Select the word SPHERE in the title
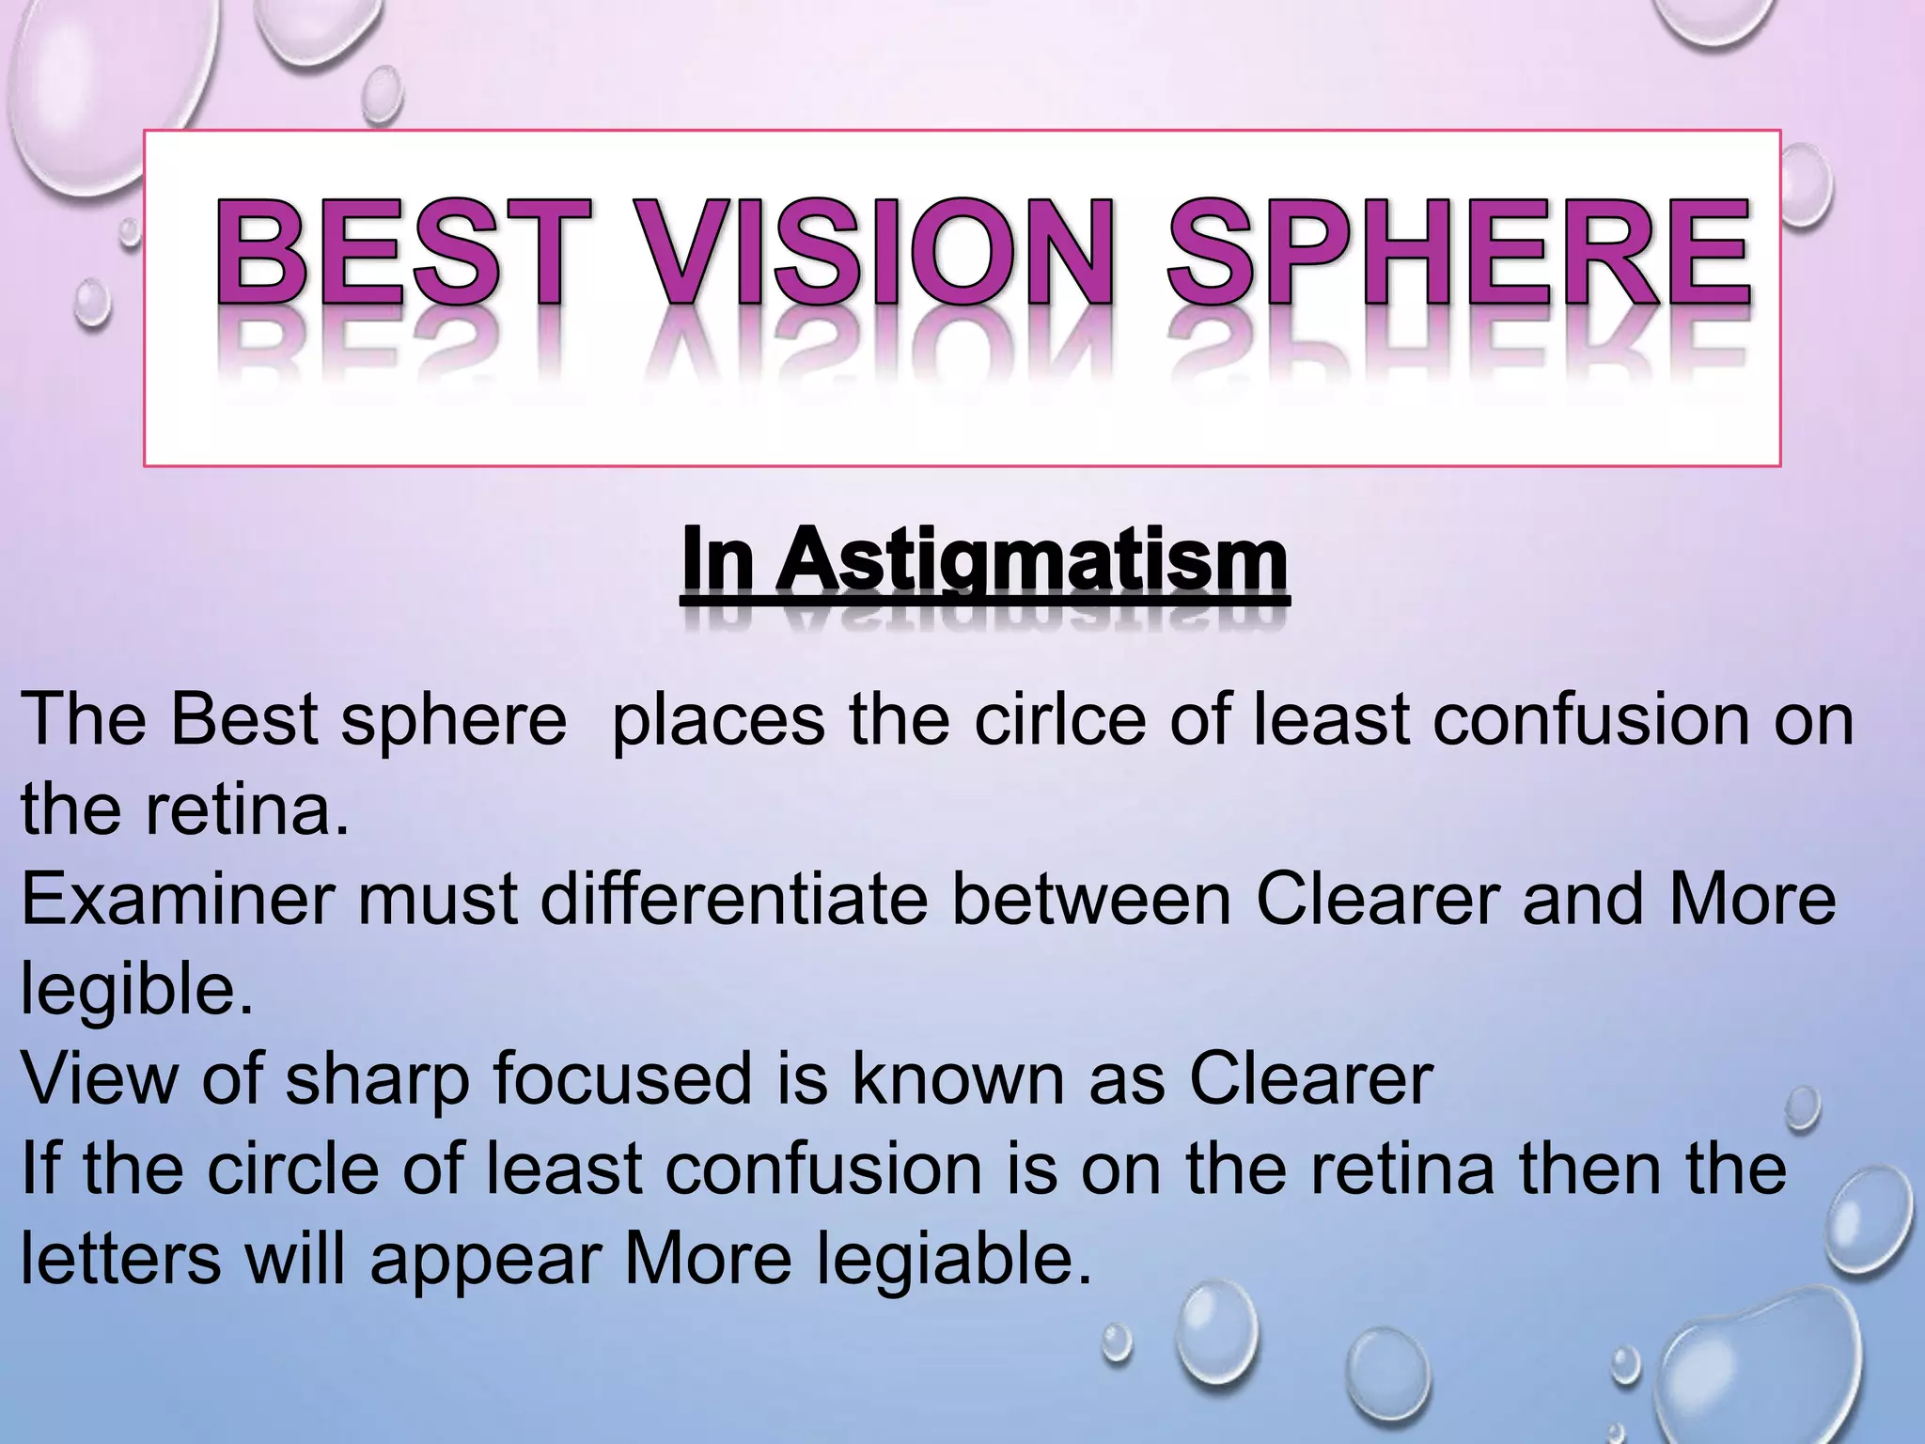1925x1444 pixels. tap(1458, 251)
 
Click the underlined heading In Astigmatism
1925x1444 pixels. tap(985, 561)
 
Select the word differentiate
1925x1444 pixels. tap(734, 900)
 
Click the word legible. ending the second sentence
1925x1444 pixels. tap(137, 991)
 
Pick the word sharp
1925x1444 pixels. tap(377, 1078)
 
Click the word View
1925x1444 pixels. tap(99, 1078)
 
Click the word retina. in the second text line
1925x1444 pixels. tap(246, 808)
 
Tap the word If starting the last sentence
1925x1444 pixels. tap(39, 1169)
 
